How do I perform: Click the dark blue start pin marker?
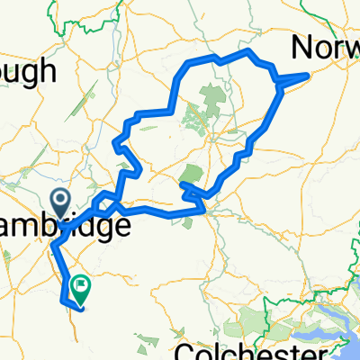[60, 199]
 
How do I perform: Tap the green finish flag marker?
[80, 286]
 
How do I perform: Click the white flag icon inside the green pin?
[81, 284]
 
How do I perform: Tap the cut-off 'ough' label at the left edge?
[28, 70]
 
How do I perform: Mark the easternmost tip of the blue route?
[310, 74]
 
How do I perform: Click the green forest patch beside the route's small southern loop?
[191, 174]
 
